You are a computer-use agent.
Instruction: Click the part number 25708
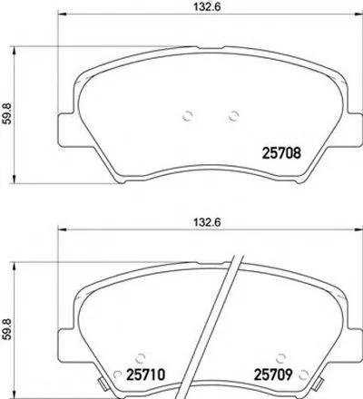click(281, 152)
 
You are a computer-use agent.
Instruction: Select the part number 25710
click(146, 375)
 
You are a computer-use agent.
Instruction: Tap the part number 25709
click(273, 375)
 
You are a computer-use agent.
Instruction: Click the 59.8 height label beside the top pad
click(6, 113)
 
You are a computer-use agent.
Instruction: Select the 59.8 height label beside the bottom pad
click(6, 329)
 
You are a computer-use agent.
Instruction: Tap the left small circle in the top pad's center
click(188, 116)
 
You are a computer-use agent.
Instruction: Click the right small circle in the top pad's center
click(233, 116)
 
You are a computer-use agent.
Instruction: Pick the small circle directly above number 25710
click(140, 358)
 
